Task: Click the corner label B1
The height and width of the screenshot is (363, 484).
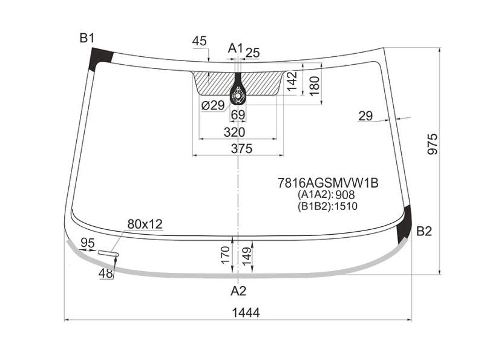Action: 87,38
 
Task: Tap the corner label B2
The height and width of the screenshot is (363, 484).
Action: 424,231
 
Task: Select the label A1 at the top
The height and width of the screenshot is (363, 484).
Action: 236,48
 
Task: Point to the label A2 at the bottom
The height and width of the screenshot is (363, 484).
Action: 238,291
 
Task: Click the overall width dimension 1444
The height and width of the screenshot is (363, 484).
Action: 246,313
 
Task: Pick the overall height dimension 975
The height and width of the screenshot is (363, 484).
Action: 433,144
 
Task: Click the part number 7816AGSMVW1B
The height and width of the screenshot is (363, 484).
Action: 328,183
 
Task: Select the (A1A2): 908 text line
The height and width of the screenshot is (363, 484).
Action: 326,194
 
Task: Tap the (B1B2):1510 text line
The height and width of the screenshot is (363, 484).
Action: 327,206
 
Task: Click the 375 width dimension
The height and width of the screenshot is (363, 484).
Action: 241,148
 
